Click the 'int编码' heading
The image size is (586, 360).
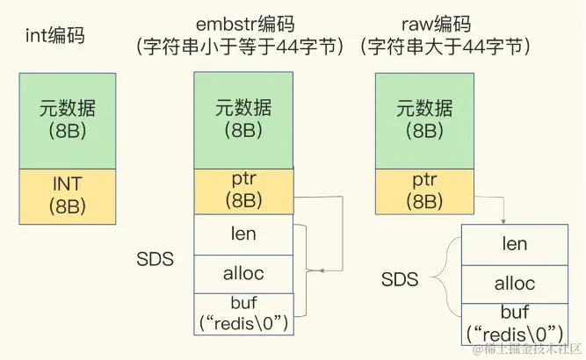point(54,38)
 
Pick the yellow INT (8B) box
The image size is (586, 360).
point(68,198)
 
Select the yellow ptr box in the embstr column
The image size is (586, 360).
point(243,191)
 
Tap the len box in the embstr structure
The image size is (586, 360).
point(243,234)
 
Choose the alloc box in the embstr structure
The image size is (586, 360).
point(243,273)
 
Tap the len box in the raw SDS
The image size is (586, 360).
point(514,244)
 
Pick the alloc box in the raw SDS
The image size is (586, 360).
point(514,284)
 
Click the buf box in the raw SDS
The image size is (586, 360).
point(514,322)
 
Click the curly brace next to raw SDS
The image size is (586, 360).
point(447,281)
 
